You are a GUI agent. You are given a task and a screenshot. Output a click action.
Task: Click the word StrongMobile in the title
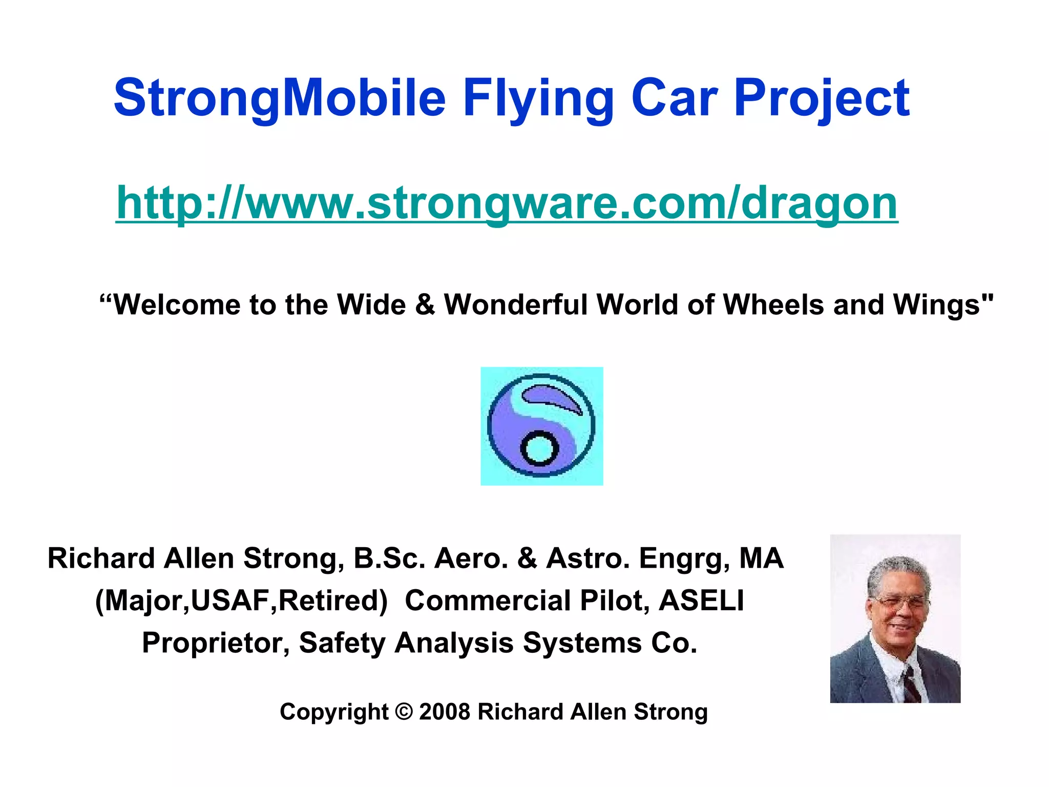click(x=279, y=98)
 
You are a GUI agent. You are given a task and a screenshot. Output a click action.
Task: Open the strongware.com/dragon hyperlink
click(x=507, y=203)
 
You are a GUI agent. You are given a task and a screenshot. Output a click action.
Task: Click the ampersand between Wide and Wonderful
click(x=425, y=305)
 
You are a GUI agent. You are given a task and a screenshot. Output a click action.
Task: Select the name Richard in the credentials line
click(x=101, y=558)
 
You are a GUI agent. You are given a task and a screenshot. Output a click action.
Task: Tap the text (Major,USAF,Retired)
click(x=241, y=600)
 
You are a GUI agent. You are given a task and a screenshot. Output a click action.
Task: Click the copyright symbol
click(x=404, y=712)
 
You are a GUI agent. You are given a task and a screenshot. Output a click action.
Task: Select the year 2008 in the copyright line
click(x=444, y=712)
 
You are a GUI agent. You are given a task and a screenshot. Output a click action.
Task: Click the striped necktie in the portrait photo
click(x=910, y=684)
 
